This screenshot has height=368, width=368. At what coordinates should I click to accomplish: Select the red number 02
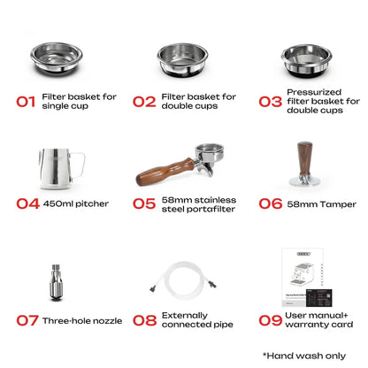[144, 102]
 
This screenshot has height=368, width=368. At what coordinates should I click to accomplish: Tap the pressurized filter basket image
[306, 61]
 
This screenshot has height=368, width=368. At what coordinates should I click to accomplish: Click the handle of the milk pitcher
[78, 165]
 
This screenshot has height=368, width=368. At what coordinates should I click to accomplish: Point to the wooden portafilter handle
[165, 172]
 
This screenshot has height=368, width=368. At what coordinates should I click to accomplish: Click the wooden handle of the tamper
[304, 158]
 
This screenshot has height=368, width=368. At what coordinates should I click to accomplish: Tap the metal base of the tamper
[304, 180]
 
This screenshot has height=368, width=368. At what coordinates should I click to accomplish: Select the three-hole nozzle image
[56, 282]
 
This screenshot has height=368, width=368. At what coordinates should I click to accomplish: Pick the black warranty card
[319, 297]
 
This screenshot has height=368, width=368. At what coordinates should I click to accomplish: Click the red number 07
[27, 320]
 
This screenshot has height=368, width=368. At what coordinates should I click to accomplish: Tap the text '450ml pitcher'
[76, 203]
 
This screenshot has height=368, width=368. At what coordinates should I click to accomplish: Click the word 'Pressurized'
[314, 92]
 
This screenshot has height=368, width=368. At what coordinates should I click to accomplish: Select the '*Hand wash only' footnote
[304, 356]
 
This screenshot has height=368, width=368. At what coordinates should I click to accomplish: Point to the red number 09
[271, 320]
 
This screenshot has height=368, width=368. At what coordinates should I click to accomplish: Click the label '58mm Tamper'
[322, 204]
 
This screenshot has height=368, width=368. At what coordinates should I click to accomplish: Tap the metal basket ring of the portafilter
[210, 151]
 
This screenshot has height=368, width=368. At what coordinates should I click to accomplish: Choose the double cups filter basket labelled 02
[182, 60]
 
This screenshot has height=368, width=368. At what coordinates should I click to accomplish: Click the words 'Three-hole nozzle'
[82, 320]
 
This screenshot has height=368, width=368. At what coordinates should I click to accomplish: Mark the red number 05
[144, 203]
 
